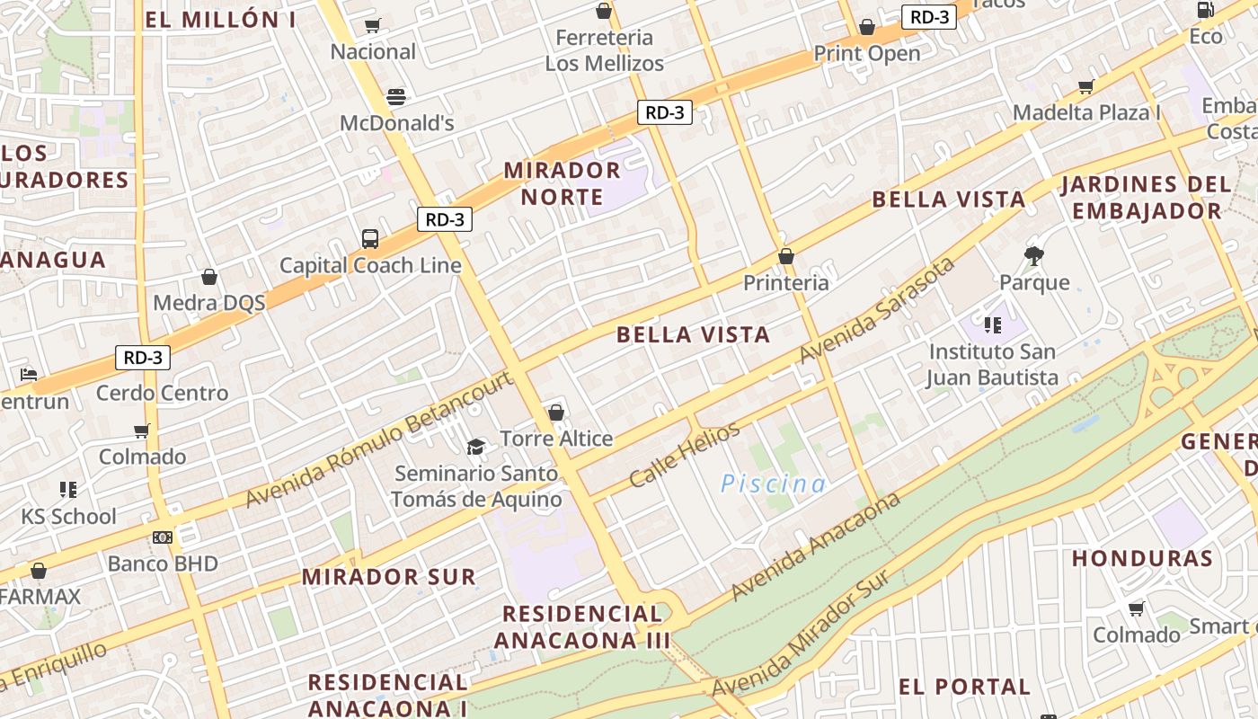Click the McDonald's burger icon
pos(396,96)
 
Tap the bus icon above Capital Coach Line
pos(370,239)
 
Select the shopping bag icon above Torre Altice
pos(556,413)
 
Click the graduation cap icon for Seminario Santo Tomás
pos(475,447)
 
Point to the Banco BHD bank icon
pos(163,537)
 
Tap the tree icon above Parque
pos(1034,255)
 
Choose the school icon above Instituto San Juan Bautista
pos(992,324)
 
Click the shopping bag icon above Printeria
pos(786,256)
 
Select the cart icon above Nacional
pos(373,25)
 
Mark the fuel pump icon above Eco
pos(1205,10)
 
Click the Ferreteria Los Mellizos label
pos(604,50)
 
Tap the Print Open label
pos(867,53)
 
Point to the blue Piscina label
pos(774,484)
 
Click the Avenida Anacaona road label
pos(815,546)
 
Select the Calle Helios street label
pos(685,454)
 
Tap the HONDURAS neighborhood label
pos(1142,558)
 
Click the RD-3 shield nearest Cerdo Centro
pos(143,358)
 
